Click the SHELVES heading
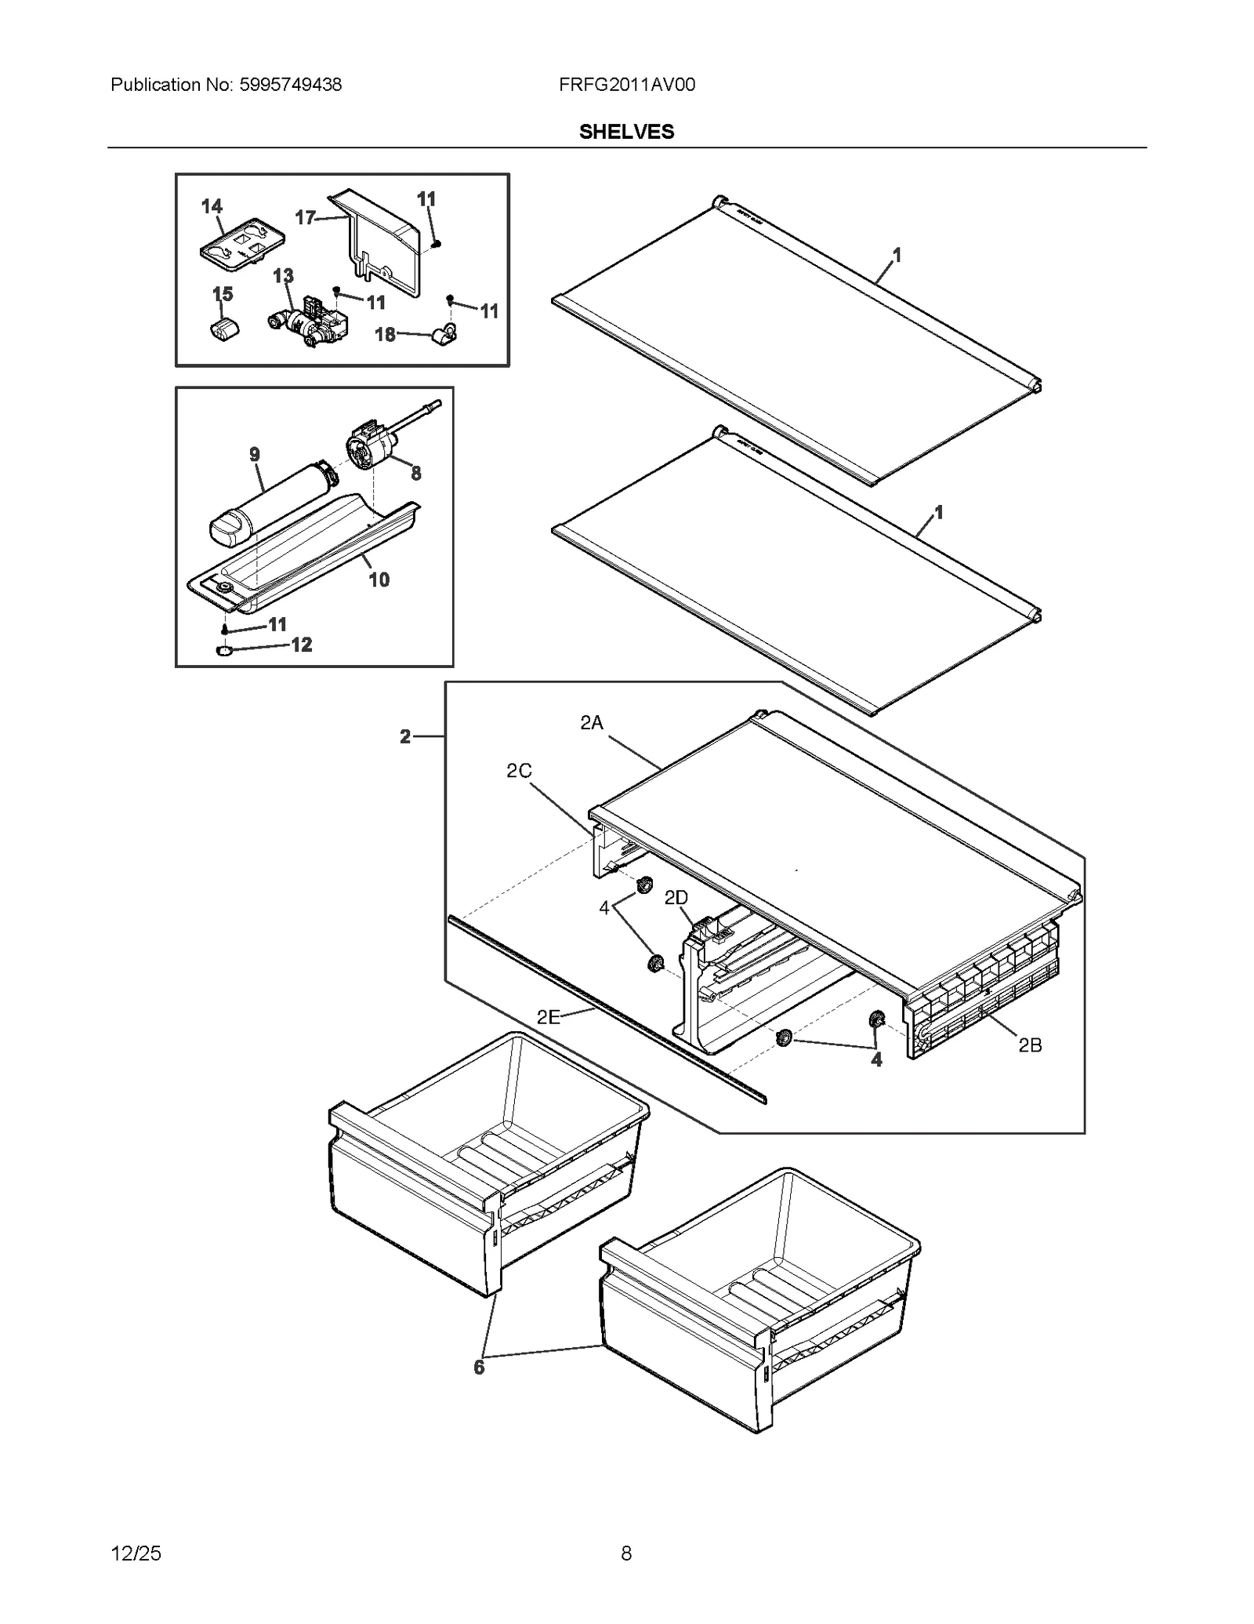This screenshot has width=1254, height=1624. [626, 132]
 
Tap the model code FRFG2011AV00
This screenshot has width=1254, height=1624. [626, 85]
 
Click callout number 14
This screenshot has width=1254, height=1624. [212, 206]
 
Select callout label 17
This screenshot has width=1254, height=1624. [305, 217]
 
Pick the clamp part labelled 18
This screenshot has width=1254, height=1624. [444, 336]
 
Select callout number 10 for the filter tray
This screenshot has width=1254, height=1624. [379, 579]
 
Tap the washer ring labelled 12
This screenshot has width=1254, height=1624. [223, 650]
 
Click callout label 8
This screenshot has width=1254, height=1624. [415, 473]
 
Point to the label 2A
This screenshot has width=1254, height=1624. [591, 723]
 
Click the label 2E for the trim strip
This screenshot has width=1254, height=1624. [548, 1017]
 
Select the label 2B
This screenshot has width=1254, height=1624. [1030, 1045]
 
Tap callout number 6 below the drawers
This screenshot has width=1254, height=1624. [479, 1367]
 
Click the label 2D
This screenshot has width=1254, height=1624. [676, 898]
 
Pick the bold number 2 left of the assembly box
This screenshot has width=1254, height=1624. [405, 736]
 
